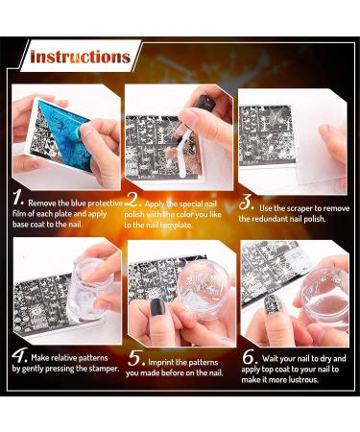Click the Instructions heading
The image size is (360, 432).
(x=80, y=58)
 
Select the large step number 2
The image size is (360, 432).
(x=133, y=202)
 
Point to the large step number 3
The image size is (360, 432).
(x=247, y=203)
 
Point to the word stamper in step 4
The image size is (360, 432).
(x=94, y=369)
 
